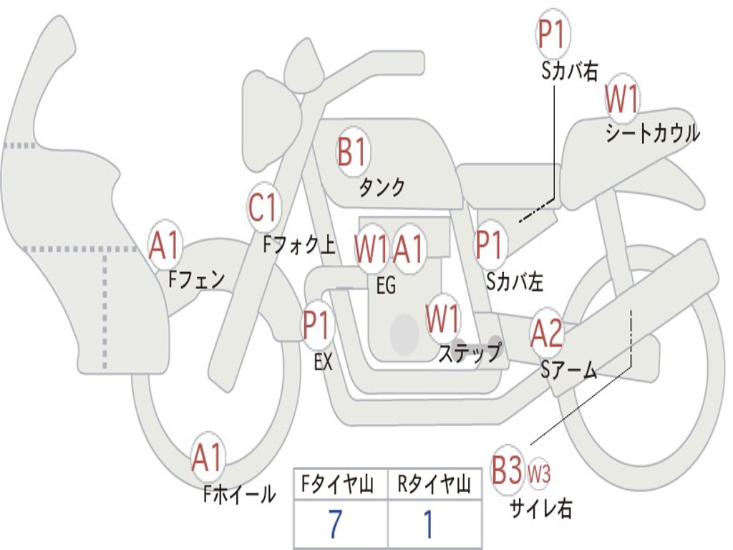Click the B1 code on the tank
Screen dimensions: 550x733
352,153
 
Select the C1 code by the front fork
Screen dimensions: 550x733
263,208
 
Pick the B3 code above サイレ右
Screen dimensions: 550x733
508,471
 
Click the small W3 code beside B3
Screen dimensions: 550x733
539,473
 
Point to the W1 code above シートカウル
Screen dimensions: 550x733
622,99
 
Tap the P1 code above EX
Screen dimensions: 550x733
318,326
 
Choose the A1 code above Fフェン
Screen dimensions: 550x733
165,246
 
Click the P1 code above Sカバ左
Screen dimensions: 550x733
492,244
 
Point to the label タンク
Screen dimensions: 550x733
382,188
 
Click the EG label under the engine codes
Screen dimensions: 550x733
386,286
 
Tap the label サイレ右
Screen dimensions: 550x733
541,508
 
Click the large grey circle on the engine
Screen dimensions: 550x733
404,332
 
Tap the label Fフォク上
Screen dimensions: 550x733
298,246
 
